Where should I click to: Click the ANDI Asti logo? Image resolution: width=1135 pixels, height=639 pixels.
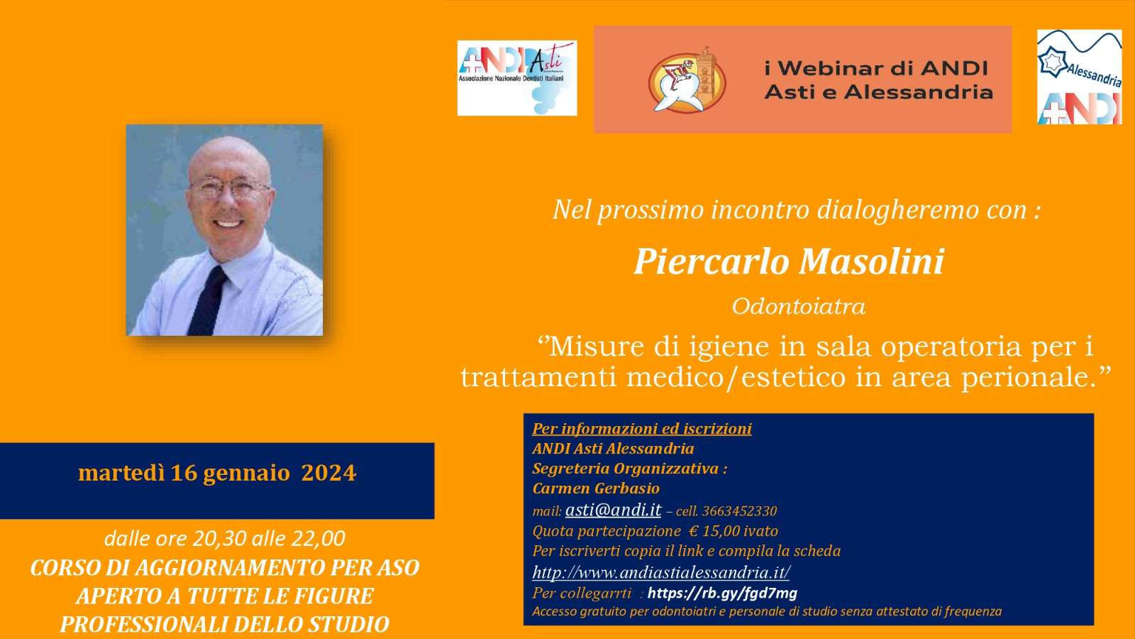point(517,78)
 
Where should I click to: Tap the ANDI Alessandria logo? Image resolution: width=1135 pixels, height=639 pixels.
point(1079,77)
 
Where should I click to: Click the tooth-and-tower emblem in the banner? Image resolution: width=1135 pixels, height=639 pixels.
point(687,80)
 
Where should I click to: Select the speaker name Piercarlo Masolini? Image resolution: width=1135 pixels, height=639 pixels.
point(789,262)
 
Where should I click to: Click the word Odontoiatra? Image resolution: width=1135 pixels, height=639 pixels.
point(799,306)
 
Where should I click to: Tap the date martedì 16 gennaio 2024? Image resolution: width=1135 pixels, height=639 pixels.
point(217,473)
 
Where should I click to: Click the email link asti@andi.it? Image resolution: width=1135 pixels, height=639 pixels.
point(613,510)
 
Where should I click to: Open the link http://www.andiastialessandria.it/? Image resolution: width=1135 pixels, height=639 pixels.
point(661,572)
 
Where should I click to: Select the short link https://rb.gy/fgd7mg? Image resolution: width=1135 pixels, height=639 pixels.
point(723,593)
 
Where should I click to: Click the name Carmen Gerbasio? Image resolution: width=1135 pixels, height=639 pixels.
point(596,488)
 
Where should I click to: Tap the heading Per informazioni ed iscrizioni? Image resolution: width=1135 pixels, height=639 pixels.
point(642,429)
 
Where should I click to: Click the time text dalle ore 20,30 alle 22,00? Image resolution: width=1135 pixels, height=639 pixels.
point(224,539)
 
